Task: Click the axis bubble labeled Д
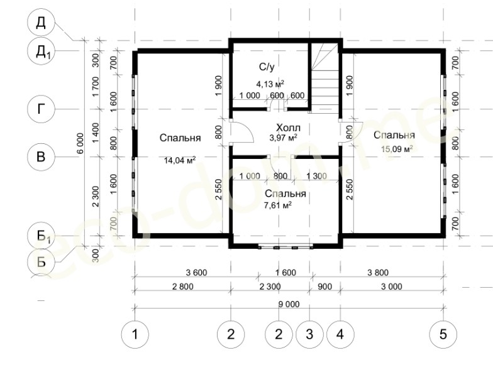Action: pos(42,23)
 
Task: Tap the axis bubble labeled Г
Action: pos(42,109)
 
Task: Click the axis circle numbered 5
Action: pos(443,334)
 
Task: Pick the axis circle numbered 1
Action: pos(135,334)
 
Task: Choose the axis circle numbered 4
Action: pos(341,334)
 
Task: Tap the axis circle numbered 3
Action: pos(309,334)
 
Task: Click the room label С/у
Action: pos(267,67)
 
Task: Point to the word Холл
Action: pos(288,128)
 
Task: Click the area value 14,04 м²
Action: pos(180,161)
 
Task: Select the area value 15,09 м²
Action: pos(397,148)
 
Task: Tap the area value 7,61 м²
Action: pos(278,205)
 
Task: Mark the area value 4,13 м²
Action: pos(270,84)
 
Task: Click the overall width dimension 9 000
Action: pos(289,304)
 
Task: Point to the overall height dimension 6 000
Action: pos(80,143)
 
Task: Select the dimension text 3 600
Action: pos(196,273)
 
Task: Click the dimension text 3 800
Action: pos(379,273)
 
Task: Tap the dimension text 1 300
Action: pos(316,176)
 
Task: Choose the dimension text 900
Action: pos(325,287)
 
